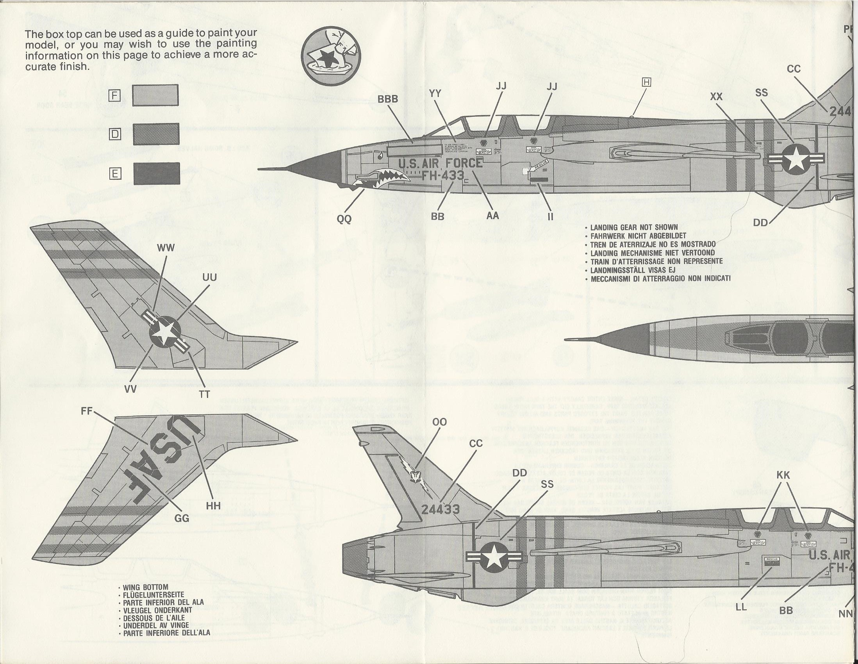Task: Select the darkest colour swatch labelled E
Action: (156, 173)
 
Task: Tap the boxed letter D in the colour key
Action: (115, 134)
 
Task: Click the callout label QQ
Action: (344, 219)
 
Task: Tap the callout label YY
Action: (435, 93)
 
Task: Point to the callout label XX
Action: (716, 96)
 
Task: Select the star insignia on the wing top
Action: (165, 332)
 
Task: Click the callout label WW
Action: (166, 248)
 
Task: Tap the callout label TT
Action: (205, 394)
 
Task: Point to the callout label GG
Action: (182, 518)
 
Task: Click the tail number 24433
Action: (441, 509)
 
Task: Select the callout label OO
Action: (439, 422)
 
